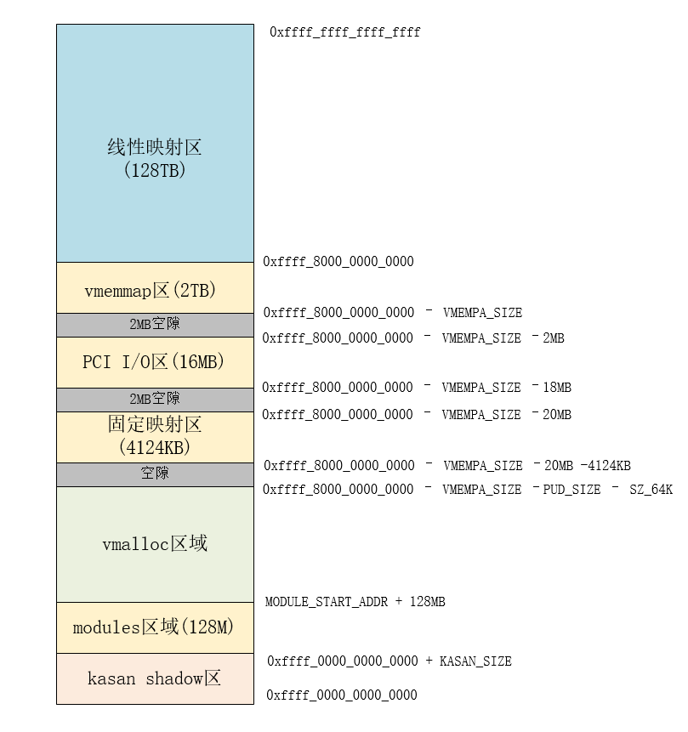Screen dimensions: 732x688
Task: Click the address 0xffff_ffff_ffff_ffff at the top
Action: click(x=345, y=32)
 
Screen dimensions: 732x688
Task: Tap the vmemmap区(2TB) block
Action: click(x=155, y=290)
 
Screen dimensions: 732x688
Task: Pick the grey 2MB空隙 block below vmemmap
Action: click(x=155, y=325)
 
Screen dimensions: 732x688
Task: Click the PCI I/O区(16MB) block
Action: click(x=155, y=362)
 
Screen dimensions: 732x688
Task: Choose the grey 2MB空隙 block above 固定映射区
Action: click(x=155, y=400)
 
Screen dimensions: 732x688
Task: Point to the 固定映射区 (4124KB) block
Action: click(x=155, y=436)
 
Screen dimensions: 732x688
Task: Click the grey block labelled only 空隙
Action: click(x=155, y=474)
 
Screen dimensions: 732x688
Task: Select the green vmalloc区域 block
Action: click(x=155, y=544)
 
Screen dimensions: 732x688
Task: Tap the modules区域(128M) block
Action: click(x=155, y=627)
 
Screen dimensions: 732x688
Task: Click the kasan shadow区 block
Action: click(x=155, y=678)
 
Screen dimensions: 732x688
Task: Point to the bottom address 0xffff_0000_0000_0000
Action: click(x=342, y=695)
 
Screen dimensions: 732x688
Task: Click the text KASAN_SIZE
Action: click(x=475, y=661)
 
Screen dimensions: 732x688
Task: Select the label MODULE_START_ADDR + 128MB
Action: click(x=355, y=602)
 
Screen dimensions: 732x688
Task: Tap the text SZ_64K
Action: click(x=651, y=490)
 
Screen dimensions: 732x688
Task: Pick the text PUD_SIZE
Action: click(x=571, y=490)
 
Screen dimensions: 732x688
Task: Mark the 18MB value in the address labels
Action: click(x=557, y=388)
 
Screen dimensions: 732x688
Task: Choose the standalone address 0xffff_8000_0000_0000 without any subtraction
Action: click(x=338, y=262)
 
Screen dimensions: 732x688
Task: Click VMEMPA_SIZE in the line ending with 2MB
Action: click(x=481, y=338)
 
